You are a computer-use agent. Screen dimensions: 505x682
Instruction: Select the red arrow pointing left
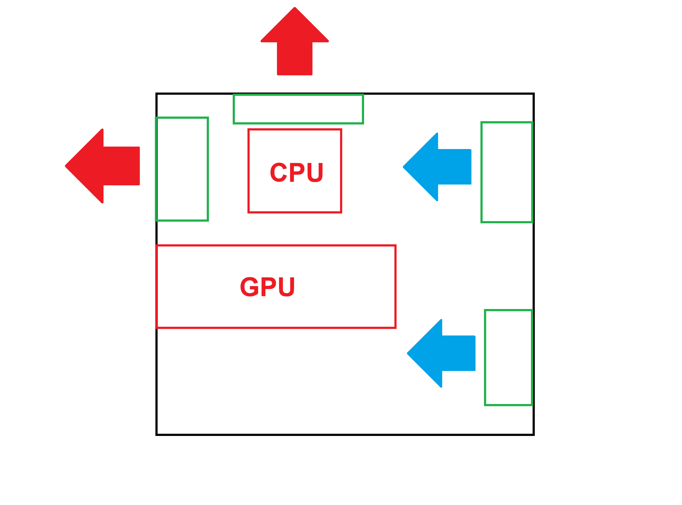tap(104, 166)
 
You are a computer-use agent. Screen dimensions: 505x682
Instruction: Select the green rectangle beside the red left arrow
tap(182, 169)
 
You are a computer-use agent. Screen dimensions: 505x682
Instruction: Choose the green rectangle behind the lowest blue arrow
tap(509, 358)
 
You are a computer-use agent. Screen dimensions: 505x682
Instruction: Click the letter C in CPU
tap(279, 173)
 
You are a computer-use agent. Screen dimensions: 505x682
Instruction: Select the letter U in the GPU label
tap(287, 287)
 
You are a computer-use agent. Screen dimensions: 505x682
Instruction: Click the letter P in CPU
tap(297, 173)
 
